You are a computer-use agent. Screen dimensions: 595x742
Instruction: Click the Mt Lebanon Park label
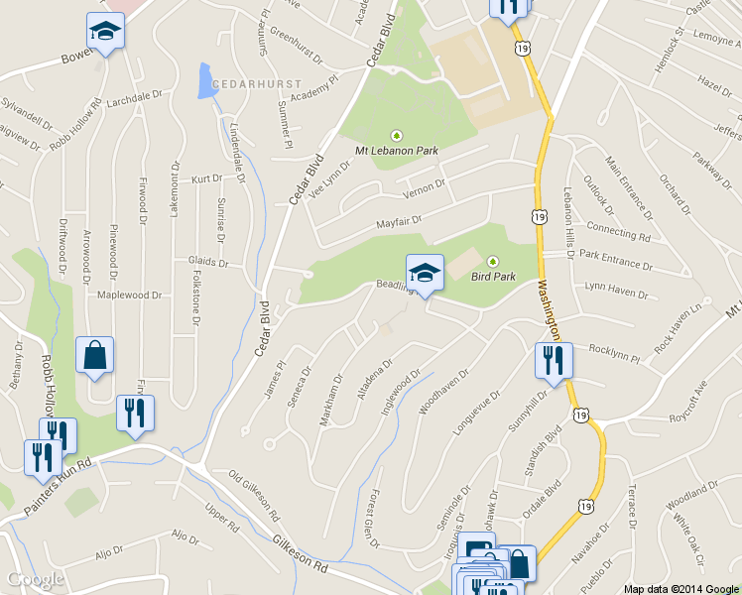pyautogui.click(x=397, y=151)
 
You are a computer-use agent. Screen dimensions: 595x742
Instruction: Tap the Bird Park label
pyautogui.click(x=492, y=277)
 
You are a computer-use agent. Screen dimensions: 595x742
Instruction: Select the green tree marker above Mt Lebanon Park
pyautogui.click(x=397, y=135)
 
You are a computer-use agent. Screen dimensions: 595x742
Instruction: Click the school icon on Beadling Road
pyautogui.click(x=425, y=274)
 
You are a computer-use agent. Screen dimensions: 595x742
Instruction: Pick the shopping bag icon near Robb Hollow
pyautogui.click(x=94, y=356)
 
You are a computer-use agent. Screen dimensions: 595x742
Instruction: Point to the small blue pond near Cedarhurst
pyautogui.click(x=205, y=81)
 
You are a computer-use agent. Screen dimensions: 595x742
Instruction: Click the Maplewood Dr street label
pyautogui.click(x=129, y=296)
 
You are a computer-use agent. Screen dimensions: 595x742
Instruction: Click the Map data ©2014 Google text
pyautogui.click(x=681, y=588)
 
